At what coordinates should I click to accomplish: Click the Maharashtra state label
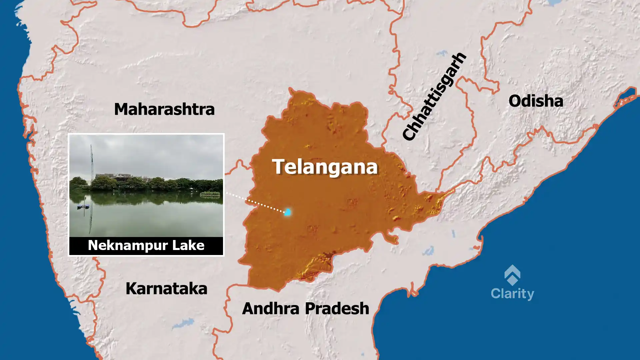click(x=164, y=109)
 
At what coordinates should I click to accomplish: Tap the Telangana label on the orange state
click(x=325, y=167)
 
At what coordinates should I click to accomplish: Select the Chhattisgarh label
click(x=434, y=97)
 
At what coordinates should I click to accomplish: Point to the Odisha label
click(x=536, y=101)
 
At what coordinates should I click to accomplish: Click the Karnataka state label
click(x=166, y=289)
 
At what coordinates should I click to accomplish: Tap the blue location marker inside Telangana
click(x=287, y=212)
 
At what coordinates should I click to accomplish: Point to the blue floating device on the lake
click(x=83, y=206)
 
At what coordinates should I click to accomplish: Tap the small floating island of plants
click(x=210, y=193)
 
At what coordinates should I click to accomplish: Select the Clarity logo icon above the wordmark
click(x=512, y=275)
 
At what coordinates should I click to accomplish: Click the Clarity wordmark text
click(x=512, y=294)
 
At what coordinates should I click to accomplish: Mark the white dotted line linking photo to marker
click(x=255, y=202)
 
